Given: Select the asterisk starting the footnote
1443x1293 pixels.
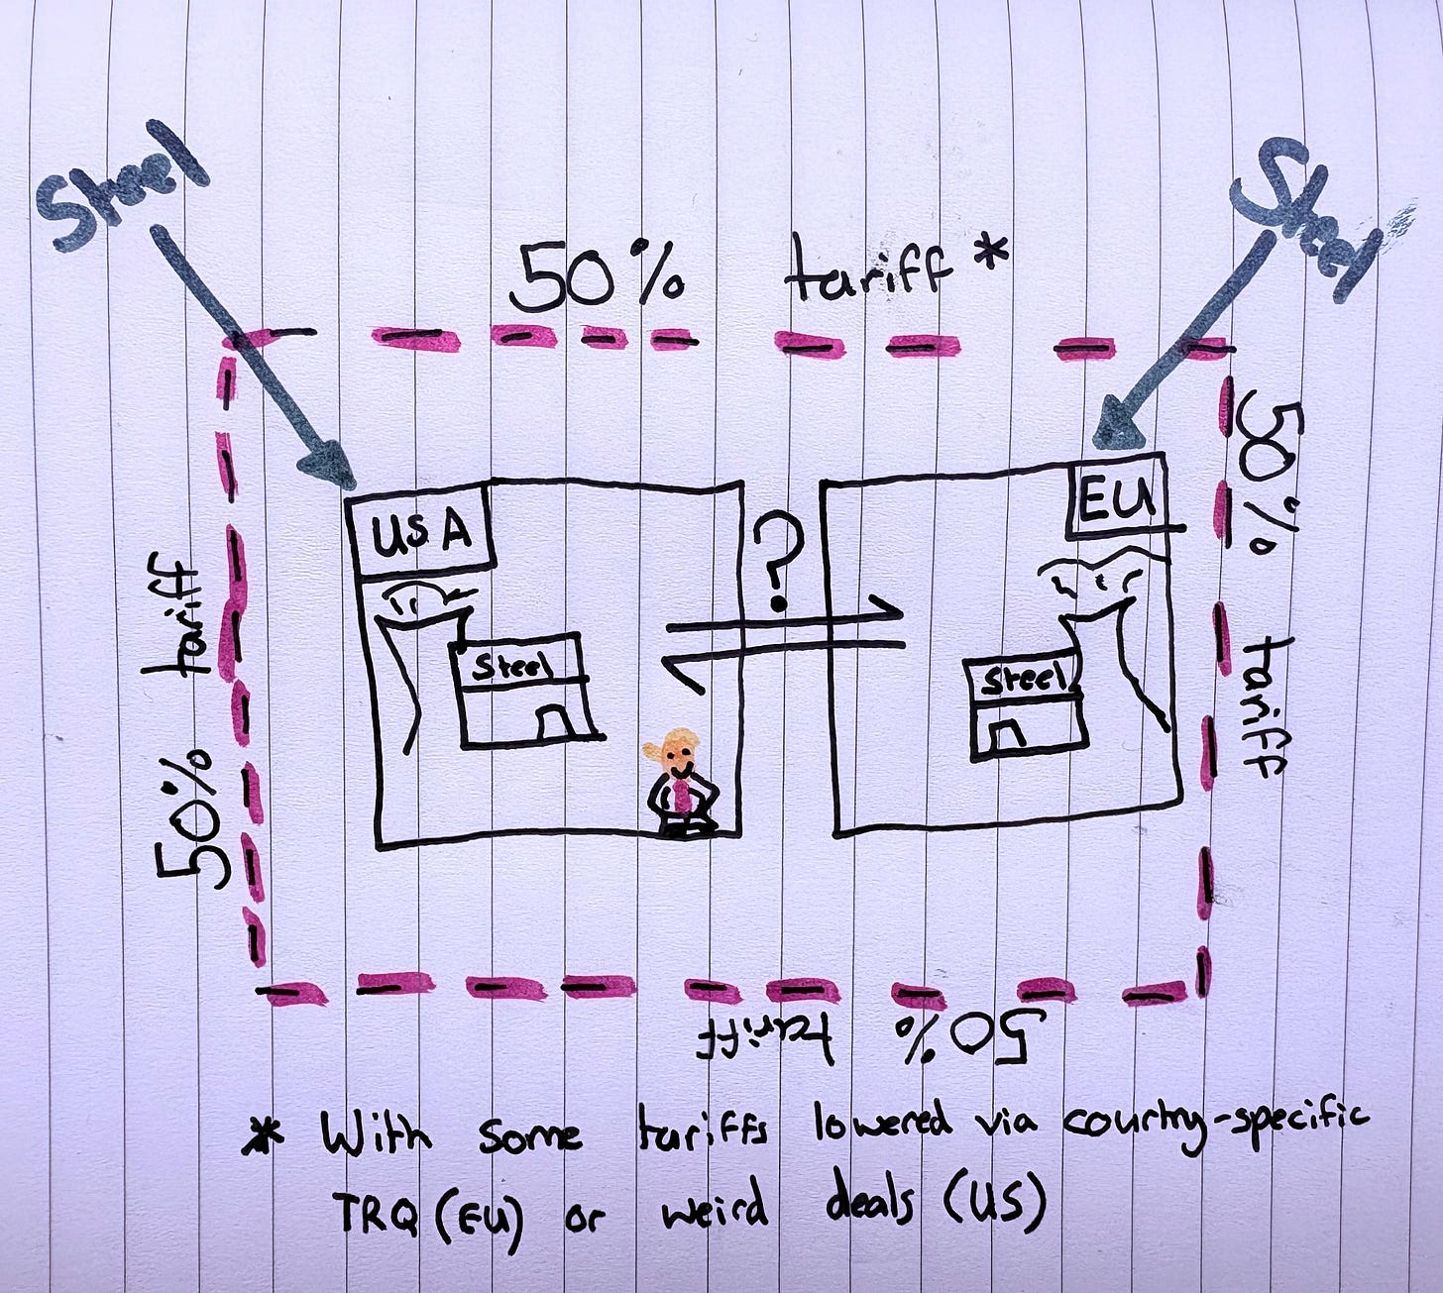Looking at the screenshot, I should [260, 1133].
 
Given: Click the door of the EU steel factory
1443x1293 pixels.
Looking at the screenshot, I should [1006, 735].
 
